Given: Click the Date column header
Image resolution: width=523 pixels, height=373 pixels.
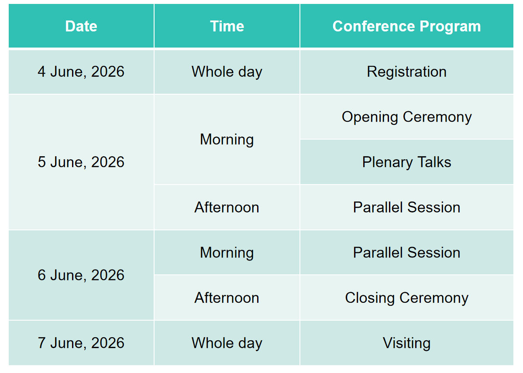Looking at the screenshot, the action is click(81, 26).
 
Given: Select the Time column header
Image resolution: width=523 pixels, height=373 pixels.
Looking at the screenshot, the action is click(227, 26).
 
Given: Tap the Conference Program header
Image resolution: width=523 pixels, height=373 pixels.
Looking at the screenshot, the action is click(406, 26).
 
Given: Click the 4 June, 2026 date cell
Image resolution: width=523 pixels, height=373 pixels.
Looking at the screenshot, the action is click(81, 72).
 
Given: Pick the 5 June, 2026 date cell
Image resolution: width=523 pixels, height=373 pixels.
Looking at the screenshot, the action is click(81, 162).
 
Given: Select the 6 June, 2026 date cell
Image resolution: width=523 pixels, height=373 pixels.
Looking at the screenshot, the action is click(81, 275).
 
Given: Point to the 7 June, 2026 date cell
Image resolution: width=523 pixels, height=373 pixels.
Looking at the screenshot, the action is click(81, 343).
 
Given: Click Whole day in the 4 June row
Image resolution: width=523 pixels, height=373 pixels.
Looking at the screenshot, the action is click(227, 72).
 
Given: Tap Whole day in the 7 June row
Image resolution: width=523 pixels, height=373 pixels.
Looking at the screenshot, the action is click(227, 343).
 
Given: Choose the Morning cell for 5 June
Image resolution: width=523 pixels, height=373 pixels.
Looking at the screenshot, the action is click(227, 139).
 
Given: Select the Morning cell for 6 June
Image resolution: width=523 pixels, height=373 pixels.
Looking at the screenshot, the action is click(227, 252).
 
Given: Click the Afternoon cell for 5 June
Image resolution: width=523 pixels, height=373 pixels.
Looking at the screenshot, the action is click(227, 207).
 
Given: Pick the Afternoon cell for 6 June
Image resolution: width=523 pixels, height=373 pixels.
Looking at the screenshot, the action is click(227, 298).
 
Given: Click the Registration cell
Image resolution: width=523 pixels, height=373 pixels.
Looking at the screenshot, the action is click(406, 72).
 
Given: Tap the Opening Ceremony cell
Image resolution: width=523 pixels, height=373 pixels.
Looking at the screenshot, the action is click(406, 117).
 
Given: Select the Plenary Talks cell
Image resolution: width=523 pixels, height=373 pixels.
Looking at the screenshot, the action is click(406, 162).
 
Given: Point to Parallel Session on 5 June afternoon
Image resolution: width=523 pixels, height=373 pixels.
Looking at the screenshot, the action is click(406, 207).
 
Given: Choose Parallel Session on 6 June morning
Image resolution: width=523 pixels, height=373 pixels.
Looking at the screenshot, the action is click(406, 252).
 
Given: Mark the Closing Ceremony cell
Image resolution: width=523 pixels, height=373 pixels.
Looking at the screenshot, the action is click(406, 298).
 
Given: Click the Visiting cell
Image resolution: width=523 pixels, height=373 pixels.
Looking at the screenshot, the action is click(406, 343).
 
